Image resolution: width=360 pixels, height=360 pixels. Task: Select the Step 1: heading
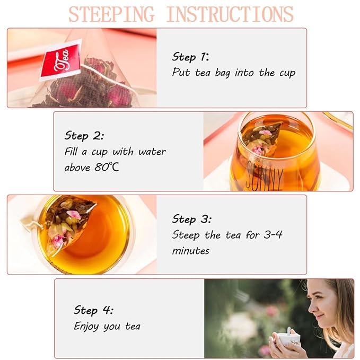click(x=190, y=57)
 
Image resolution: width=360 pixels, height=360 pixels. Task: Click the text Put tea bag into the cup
click(x=233, y=73)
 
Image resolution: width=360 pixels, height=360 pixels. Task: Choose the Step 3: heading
click(x=191, y=219)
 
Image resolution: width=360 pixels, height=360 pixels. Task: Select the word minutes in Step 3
click(x=191, y=251)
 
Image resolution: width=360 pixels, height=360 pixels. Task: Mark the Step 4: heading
click(x=93, y=310)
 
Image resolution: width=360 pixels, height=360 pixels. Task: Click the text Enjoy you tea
click(x=107, y=326)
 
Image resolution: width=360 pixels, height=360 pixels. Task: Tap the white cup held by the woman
click(x=288, y=339)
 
